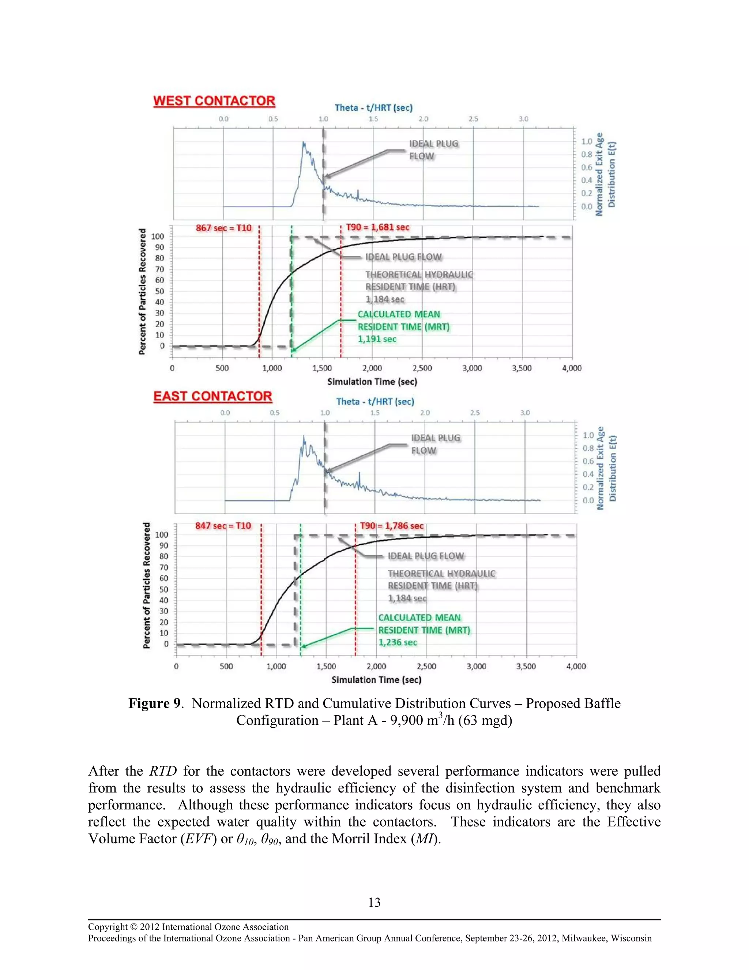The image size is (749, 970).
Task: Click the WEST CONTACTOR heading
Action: (214, 101)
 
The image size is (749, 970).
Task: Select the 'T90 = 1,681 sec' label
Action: (377, 227)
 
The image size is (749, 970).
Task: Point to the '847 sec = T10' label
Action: (223, 526)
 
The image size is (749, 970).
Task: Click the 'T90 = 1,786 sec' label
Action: (392, 526)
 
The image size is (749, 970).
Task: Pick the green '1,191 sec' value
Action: (377, 339)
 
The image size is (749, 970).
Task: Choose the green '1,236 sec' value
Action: (398, 643)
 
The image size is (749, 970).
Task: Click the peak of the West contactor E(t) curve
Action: (304, 143)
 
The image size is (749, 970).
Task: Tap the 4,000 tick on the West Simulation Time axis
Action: (572, 368)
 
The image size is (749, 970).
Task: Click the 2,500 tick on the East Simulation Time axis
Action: (426, 666)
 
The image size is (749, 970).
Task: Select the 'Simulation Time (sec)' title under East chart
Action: (376, 680)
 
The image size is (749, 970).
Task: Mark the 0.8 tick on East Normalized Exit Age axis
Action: (588, 448)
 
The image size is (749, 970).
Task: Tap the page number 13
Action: (374, 903)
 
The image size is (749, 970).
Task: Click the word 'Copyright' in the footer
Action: (108, 927)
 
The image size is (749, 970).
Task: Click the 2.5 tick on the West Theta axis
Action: (474, 119)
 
